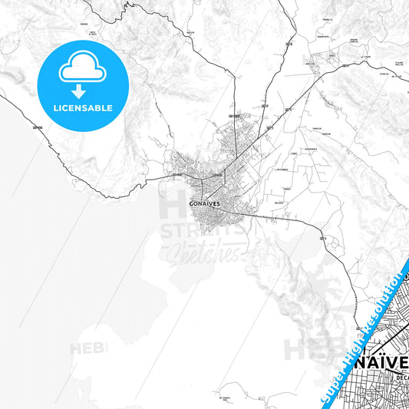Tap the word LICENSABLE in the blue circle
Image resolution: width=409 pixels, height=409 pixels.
(x=81, y=108)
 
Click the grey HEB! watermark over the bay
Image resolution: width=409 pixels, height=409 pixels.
(x=88, y=349)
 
